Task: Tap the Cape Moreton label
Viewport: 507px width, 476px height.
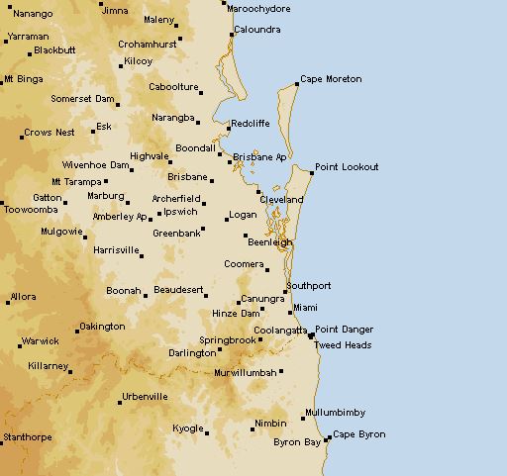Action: click(331, 79)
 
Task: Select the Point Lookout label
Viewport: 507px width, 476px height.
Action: click(347, 167)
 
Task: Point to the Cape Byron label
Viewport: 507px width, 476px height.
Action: click(358, 434)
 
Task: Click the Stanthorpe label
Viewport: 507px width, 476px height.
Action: click(27, 436)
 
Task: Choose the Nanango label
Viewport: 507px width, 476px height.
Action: click(34, 14)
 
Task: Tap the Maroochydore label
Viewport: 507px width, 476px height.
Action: click(258, 8)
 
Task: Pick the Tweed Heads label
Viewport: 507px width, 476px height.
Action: click(344, 345)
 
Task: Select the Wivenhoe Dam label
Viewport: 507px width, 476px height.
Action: click(96, 165)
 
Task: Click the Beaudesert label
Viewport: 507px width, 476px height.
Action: click(179, 291)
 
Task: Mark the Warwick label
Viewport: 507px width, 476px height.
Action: click(40, 342)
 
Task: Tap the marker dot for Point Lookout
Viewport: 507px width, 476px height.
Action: click(312, 173)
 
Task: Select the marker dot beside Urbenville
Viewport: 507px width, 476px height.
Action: click(116, 403)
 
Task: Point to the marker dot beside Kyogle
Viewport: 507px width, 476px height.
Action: click(207, 432)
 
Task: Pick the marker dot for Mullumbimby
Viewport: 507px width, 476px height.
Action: click(303, 419)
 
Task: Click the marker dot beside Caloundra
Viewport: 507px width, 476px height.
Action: click(231, 36)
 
